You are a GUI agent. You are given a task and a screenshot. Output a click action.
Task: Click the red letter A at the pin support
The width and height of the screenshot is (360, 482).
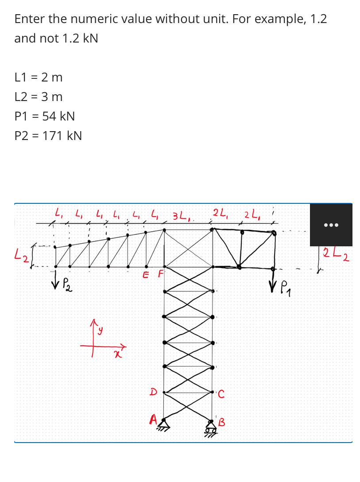tap(153, 418)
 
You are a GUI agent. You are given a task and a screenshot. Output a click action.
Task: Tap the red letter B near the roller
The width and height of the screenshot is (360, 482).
tap(222, 421)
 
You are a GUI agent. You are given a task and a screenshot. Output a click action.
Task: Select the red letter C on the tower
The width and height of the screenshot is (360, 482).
tap(221, 392)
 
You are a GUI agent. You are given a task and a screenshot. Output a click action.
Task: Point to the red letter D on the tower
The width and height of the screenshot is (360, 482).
tap(153, 391)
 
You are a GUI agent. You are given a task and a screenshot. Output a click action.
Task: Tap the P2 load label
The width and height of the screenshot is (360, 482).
tap(67, 283)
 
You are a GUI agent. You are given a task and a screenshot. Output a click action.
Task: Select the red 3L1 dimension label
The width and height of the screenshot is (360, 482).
tap(181, 217)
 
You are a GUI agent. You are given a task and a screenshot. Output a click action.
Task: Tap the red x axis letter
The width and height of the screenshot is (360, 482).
tap(117, 353)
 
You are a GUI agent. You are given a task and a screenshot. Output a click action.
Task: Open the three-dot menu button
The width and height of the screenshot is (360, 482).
tap(331, 225)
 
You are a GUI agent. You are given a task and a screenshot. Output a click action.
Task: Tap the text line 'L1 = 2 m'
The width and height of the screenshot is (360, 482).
tap(39, 78)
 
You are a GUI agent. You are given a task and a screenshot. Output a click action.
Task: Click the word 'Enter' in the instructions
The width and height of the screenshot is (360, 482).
tap(28, 19)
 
